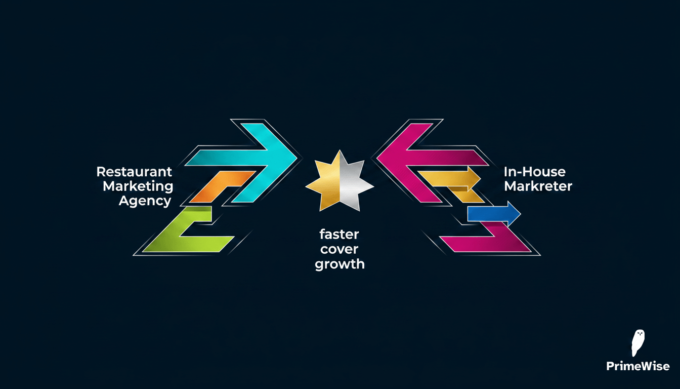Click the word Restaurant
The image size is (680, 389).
click(134, 172)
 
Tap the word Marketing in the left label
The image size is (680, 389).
click(138, 186)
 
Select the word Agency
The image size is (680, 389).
click(145, 201)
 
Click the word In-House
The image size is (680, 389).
click(535, 172)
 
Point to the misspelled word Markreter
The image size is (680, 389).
click(538, 186)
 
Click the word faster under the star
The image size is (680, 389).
click(339, 235)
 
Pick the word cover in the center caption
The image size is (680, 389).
click(339, 250)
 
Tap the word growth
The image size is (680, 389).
click(339, 264)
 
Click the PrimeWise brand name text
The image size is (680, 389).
click(638, 366)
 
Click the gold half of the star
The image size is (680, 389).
click(325, 184)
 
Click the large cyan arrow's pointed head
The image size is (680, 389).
click(297, 158)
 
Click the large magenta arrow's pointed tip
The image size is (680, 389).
click(377, 158)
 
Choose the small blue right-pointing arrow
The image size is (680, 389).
click(494, 214)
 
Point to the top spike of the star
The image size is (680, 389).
click(339, 151)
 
